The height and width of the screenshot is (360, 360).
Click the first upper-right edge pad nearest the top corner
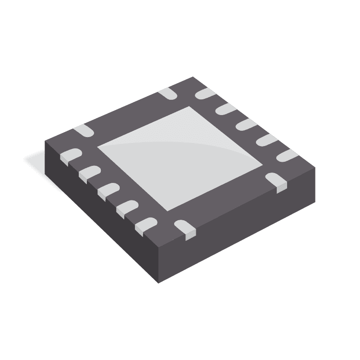pos(205,93)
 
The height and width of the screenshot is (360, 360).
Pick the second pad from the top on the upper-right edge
pos(224,109)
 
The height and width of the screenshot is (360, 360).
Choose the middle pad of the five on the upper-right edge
pos(245,124)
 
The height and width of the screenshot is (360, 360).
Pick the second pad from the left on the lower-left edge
pos(88,173)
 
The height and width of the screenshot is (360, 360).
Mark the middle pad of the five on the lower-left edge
pos(107,190)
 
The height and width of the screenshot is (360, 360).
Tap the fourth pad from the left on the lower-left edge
pos(126,208)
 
